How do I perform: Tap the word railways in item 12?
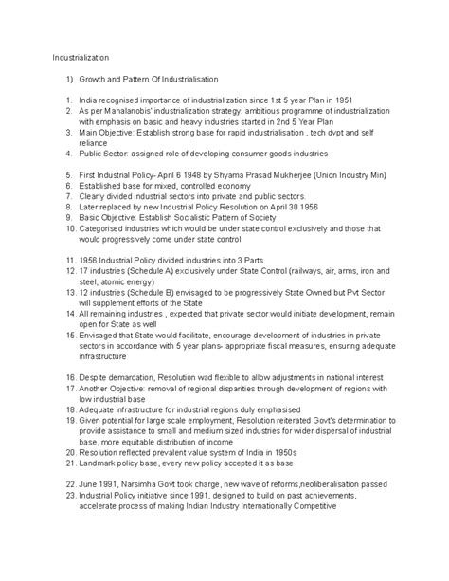[307, 268]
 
